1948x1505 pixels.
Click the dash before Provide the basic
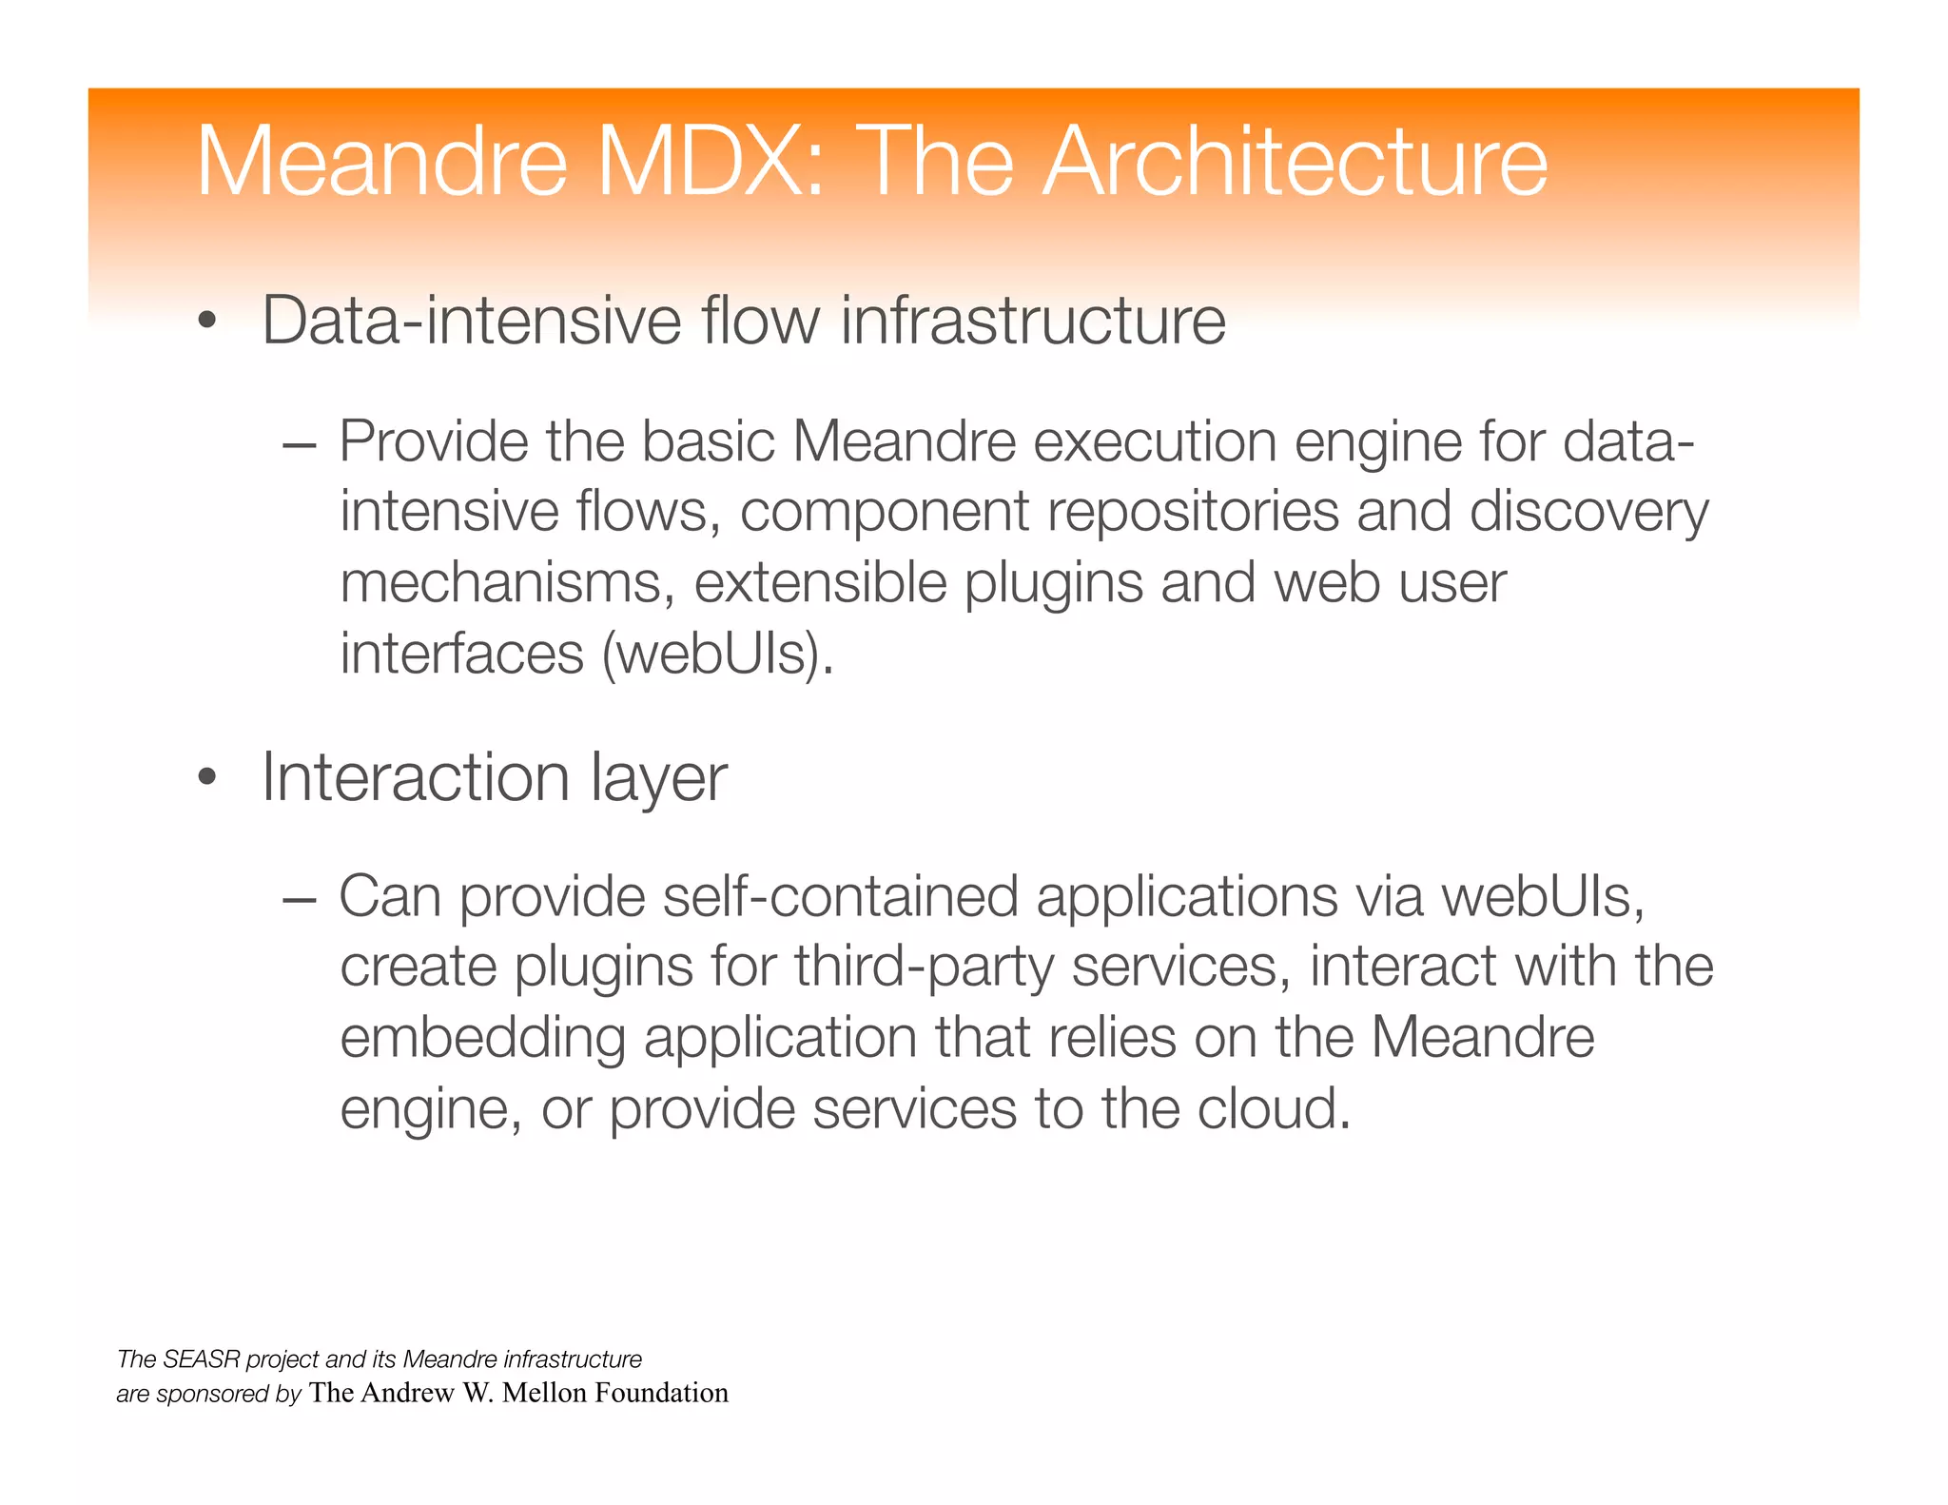299,443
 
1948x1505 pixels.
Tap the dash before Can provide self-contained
299,898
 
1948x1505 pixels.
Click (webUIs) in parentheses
717,655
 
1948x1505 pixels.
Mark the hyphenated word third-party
924,968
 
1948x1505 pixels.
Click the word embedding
482,1039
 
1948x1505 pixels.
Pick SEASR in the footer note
205,1359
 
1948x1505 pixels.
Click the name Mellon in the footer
544,1393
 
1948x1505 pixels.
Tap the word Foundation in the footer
661,1393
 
